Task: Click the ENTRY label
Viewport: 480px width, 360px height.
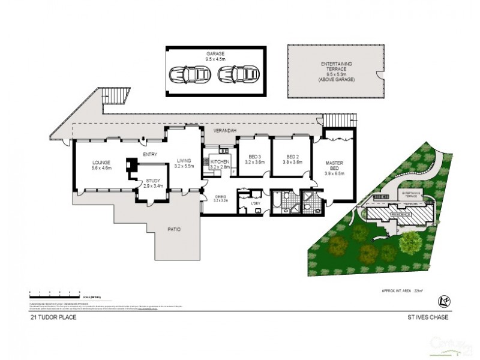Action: (150, 155)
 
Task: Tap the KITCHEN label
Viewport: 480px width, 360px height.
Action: (220, 163)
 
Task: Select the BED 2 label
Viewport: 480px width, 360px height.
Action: (290, 160)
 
